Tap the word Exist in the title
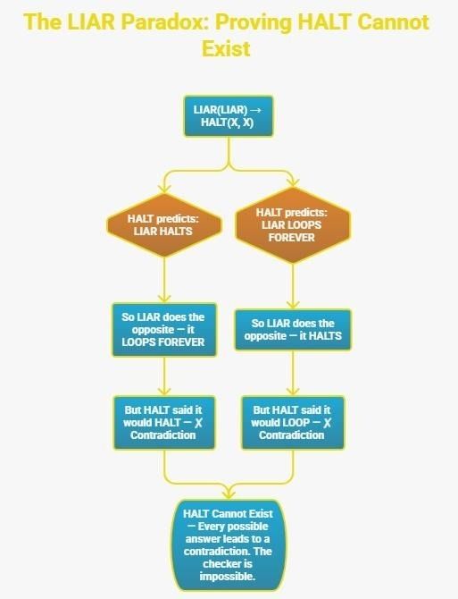click(x=226, y=49)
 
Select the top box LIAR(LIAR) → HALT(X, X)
click(x=229, y=116)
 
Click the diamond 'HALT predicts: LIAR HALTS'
click(x=164, y=225)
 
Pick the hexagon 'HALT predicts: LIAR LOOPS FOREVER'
click(x=293, y=225)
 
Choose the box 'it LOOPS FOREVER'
click(x=164, y=330)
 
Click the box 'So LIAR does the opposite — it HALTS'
click(x=293, y=330)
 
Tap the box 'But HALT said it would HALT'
click(x=164, y=423)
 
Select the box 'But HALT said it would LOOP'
click(x=293, y=423)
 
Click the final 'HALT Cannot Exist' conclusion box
click(x=228, y=545)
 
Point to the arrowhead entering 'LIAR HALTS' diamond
click(x=164, y=189)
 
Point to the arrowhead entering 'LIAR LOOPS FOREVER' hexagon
click(x=293, y=182)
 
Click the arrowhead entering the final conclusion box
click(x=228, y=494)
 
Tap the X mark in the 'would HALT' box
click(x=198, y=423)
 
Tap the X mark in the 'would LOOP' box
click(x=327, y=423)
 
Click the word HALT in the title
click(x=323, y=22)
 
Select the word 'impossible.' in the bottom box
click(x=228, y=577)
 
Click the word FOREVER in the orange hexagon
click(x=292, y=238)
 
